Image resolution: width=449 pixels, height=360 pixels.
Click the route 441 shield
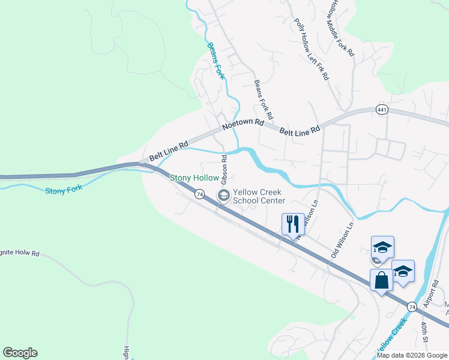(x=382, y=109)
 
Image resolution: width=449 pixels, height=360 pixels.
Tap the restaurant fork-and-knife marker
(x=292, y=225)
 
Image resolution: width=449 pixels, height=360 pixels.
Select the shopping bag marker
(x=381, y=280)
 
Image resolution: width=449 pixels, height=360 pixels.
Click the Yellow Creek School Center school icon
(x=224, y=195)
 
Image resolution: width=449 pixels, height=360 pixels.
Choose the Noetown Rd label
(x=243, y=124)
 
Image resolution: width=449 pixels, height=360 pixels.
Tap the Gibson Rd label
(x=224, y=170)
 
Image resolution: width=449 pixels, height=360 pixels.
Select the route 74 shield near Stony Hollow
(x=199, y=194)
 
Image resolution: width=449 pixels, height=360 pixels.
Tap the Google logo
(x=20, y=353)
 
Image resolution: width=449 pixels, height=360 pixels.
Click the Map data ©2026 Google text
(x=411, y=355)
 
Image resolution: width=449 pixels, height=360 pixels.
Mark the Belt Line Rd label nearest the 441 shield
(x=300, y=129)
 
